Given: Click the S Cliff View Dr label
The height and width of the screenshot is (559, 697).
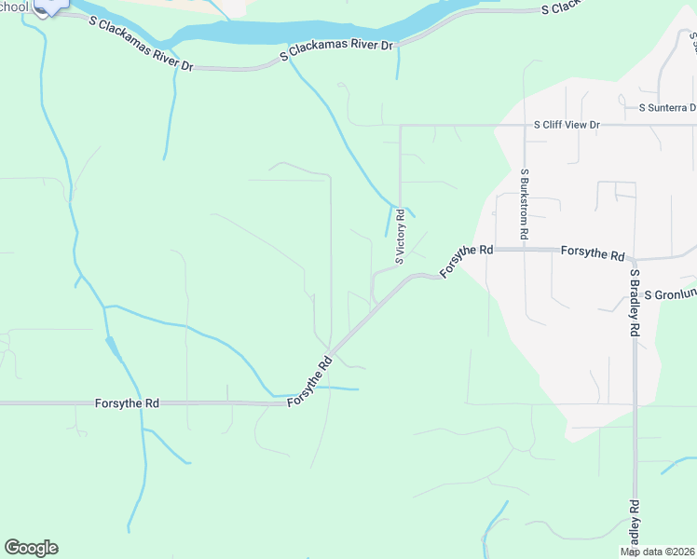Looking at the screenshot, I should tap(567, 124).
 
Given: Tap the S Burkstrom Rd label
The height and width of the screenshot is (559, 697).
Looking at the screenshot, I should tap(525, 205).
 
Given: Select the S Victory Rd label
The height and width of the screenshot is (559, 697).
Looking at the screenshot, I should tap(400, 237).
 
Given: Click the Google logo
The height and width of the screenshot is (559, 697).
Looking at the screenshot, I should tap(31, 548).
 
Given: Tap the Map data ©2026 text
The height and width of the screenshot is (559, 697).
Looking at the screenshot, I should tap(658, 552).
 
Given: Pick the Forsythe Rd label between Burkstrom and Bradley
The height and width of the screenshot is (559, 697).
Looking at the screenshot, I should tap(593, 253).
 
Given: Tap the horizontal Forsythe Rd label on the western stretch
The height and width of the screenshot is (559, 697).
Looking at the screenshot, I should tap(127, 403).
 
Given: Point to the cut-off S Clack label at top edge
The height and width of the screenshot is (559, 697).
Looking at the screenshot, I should tap(563, 8).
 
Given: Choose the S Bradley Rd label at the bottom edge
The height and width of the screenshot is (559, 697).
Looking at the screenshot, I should tap(634, 526).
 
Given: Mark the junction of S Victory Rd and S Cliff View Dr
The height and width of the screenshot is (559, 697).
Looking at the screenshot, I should tap(400, 125).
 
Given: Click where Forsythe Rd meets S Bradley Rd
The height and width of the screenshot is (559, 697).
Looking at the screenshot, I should tap(633, 259).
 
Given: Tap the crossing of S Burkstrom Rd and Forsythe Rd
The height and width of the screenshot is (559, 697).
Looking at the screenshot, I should tap(525, 250).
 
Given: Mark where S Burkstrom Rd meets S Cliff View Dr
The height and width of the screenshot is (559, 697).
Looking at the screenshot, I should tap(525, 125).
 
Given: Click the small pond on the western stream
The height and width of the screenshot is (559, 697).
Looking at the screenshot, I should tap(112, 348).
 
